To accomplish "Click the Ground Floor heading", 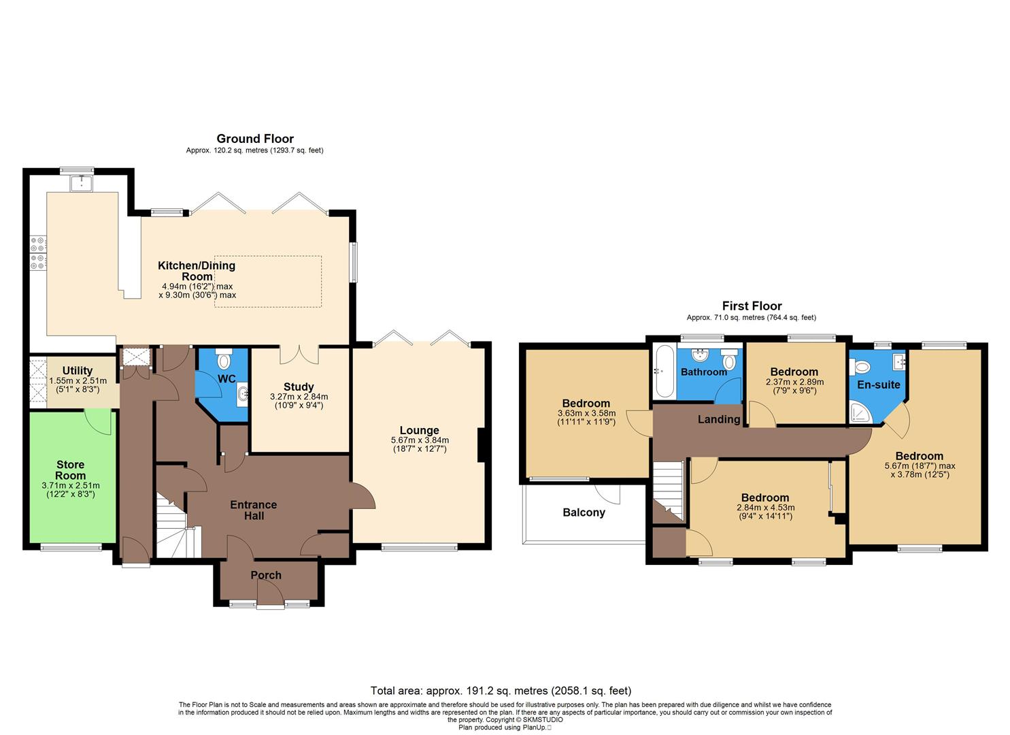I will point(255,139).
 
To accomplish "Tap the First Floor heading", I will point(752,306).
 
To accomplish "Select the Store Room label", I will point(71,470).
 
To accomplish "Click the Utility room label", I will point(77,371).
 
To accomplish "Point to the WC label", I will point(226,379).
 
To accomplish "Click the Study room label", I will point(299,387).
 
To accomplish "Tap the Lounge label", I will point(419,430).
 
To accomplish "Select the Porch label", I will point(266,575).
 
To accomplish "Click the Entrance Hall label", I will point(253,510).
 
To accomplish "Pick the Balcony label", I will point(584,512).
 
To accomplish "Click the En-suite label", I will point(878,385).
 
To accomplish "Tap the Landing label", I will point(718,419).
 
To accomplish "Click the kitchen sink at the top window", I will point(82,182).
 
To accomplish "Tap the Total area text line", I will point(501,691).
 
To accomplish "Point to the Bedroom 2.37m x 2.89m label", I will point(794,372).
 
